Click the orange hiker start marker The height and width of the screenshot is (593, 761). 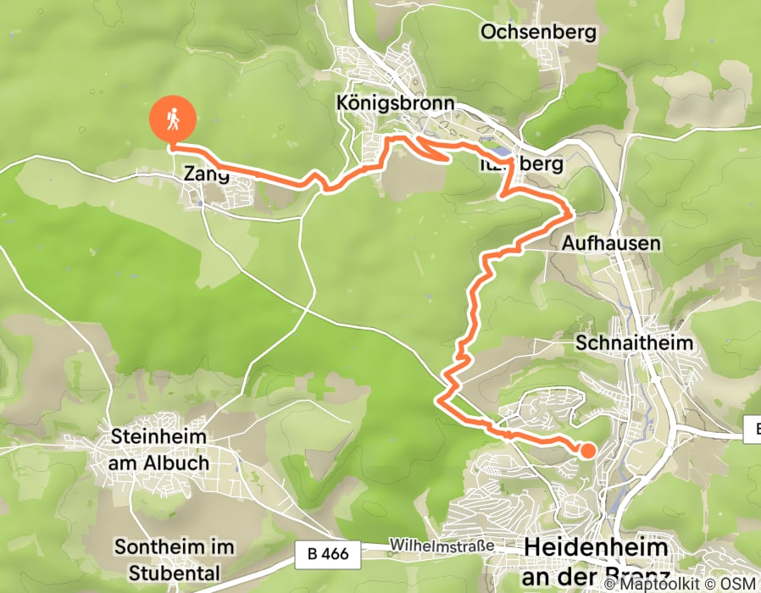[x=173, y=121]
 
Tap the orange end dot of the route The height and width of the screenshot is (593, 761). [x=586, y=451]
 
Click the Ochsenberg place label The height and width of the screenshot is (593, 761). [x=538, y=33]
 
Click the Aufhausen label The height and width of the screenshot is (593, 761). [x=610, y=243]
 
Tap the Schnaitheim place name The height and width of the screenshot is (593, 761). [x=634, y=343]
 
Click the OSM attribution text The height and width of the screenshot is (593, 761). [x=738, y=585]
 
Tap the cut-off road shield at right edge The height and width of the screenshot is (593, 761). [x=753, y=430]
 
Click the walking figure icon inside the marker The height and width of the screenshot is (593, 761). [x=173, y=119]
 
